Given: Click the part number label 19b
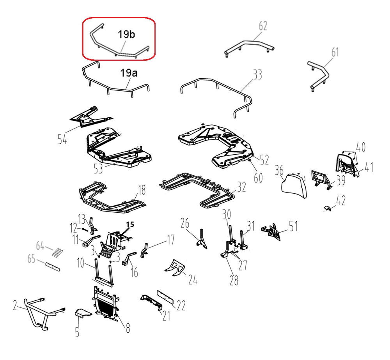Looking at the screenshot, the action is [x=126, y=34].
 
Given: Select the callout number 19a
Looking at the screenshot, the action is [x=129, y=73].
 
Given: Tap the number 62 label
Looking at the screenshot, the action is [x=263, y=26].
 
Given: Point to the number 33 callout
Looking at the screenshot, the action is [x=257, y=74].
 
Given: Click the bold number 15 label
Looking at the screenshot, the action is [x=130, y=224].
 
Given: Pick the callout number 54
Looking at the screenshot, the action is [x=62, y=139].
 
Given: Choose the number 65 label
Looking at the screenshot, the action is [x=31, y=259].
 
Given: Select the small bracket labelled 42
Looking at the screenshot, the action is [x=328, y=208].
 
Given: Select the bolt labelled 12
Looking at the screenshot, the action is [x=84, y=229].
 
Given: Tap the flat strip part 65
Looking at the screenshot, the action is [x=53, y=266].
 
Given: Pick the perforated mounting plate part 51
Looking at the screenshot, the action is [x=271, y=231].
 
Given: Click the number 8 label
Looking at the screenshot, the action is [x=128, y=328].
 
